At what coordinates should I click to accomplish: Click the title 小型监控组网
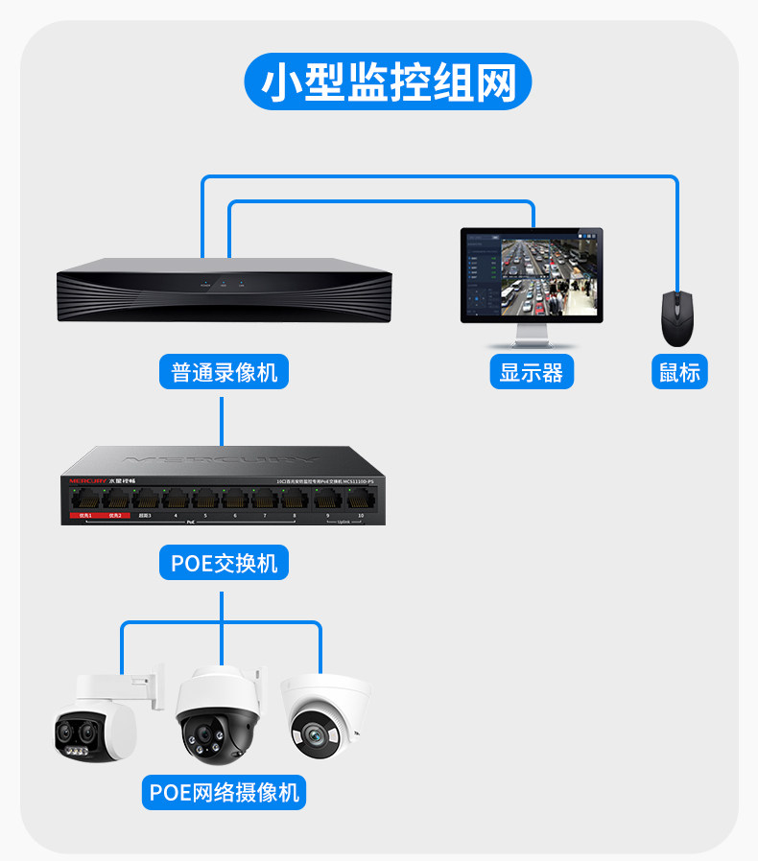pos(389,81)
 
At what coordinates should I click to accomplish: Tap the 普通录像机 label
pos(224,371)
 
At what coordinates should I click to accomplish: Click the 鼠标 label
pos(679,371)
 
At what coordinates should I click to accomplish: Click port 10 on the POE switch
pos(361,499)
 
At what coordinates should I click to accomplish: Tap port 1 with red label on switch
pos(85,499)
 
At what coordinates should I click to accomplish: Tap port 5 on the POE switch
pos(205,499)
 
